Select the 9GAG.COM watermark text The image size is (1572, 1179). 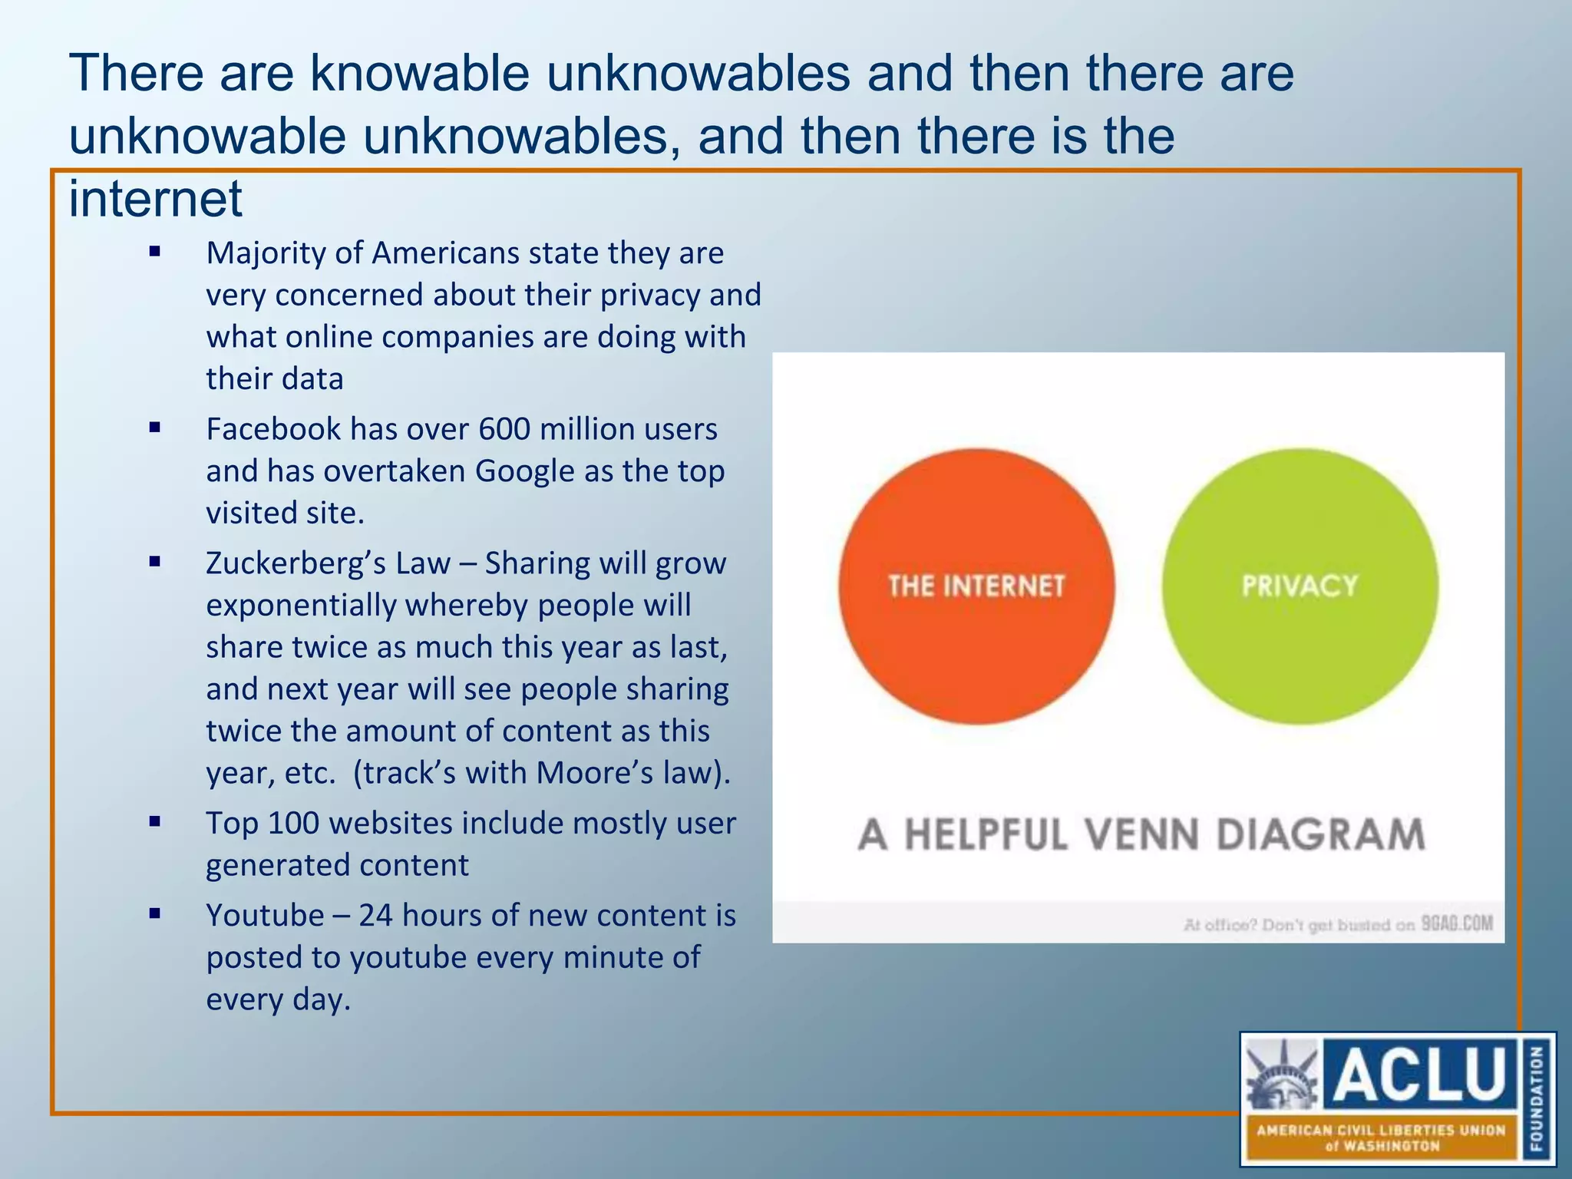click(x=1457, y=923)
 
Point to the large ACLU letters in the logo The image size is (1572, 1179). click(x=1421, y=1072)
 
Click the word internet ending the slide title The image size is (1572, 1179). click(x=156, y=198)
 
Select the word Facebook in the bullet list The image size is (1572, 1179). click(x=272, y=429)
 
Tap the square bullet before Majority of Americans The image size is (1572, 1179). click(x=155, y=251)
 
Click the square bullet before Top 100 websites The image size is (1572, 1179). click(x=155, y=822)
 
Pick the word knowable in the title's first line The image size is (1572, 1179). click(x=419, y=74)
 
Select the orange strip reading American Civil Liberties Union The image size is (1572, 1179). click(x=1380, y=1138)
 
